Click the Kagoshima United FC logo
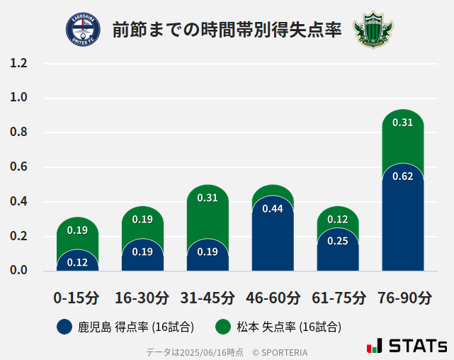83,29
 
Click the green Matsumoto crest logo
373,29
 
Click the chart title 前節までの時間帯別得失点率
227,30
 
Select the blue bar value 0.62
402,176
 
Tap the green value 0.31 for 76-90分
402,123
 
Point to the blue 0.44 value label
273,208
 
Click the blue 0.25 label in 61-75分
338,241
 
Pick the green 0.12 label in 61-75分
338,220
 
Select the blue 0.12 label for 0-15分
77,262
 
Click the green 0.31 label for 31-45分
208,198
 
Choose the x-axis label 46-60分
273,298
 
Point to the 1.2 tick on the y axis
19,63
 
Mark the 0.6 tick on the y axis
19,167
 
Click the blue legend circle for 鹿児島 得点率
64,327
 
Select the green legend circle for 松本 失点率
223,327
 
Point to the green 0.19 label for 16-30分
142,220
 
